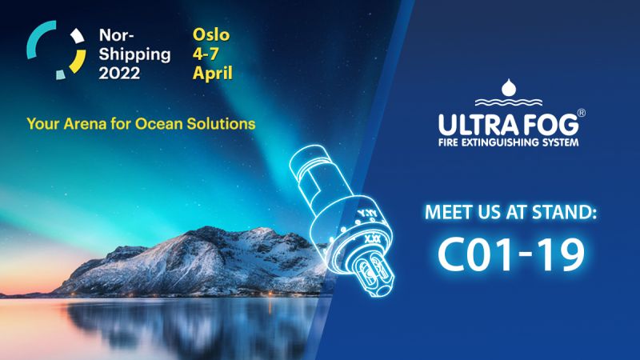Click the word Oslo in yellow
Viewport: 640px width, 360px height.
coord(211,35)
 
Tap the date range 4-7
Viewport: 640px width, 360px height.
coord(206,54)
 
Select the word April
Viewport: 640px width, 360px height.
coord(213,74)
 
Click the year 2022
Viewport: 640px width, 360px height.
coord(119,73)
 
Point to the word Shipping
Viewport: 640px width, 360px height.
coord(134,54)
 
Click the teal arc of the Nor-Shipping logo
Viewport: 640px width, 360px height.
coord(37,38)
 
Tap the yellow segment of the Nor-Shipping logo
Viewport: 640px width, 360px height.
coord(78,62)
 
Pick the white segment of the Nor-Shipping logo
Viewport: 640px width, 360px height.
coord(77,35)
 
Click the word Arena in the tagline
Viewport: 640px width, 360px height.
coord(84,124)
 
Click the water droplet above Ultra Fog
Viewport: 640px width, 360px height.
coord(509,87)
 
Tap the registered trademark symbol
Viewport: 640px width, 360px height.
coord(582,113)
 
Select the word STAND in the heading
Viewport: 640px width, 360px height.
coord(558,212)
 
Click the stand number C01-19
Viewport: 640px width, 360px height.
coord(511,254)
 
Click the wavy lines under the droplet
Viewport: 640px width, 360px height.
coord(509,102)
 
